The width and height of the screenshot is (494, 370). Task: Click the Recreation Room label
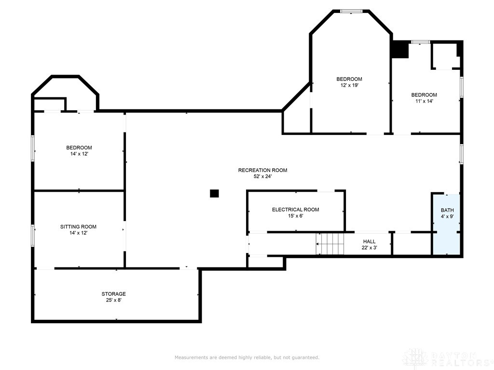(262, 170)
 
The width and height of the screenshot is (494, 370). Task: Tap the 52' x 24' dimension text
(262, 176)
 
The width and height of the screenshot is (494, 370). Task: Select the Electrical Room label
(296, 210)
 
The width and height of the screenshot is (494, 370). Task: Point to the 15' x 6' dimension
(296, 216)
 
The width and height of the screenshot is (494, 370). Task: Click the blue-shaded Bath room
(447, 225)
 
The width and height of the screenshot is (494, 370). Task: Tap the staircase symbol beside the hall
(330, 244)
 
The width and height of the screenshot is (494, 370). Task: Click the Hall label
(369, 241)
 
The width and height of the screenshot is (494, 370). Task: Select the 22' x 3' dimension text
(369, 248)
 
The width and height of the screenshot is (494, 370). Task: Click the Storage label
(113, 294)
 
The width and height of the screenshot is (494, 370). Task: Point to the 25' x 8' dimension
(113, 300)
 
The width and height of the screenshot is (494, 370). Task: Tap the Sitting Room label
(78, 226)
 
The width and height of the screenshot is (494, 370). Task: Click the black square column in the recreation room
(214, 194)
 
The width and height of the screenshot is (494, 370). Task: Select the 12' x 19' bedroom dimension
(349, 85)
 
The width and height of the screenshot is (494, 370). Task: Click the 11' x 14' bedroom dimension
(424, 101)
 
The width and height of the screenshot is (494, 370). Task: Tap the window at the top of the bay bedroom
(351, 12)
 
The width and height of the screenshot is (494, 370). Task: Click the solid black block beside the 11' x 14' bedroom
(400, 50)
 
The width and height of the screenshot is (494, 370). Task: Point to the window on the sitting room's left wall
(33, 235)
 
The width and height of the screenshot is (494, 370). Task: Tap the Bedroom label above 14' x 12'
(79, 147)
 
